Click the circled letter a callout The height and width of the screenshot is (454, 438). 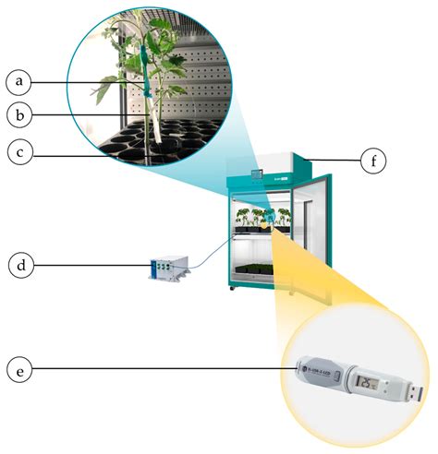[x=19, y=82]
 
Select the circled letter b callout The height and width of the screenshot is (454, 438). [x=19, y=115]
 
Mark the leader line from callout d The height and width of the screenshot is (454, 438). [x=92, y=266]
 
